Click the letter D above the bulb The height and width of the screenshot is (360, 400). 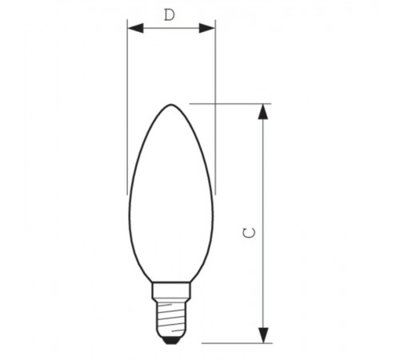pos(169,14)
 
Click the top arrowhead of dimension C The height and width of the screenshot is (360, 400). pos(263,111)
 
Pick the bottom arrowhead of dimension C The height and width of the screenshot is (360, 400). pos(263,335)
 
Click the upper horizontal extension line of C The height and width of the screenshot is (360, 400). pos(232,103)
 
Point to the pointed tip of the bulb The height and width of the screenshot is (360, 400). pos(170,105)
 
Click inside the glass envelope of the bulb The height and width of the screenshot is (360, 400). pos(170,200)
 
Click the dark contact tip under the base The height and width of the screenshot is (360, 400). pos(170,338)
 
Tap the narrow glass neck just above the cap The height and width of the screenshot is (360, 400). pos(170,276)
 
